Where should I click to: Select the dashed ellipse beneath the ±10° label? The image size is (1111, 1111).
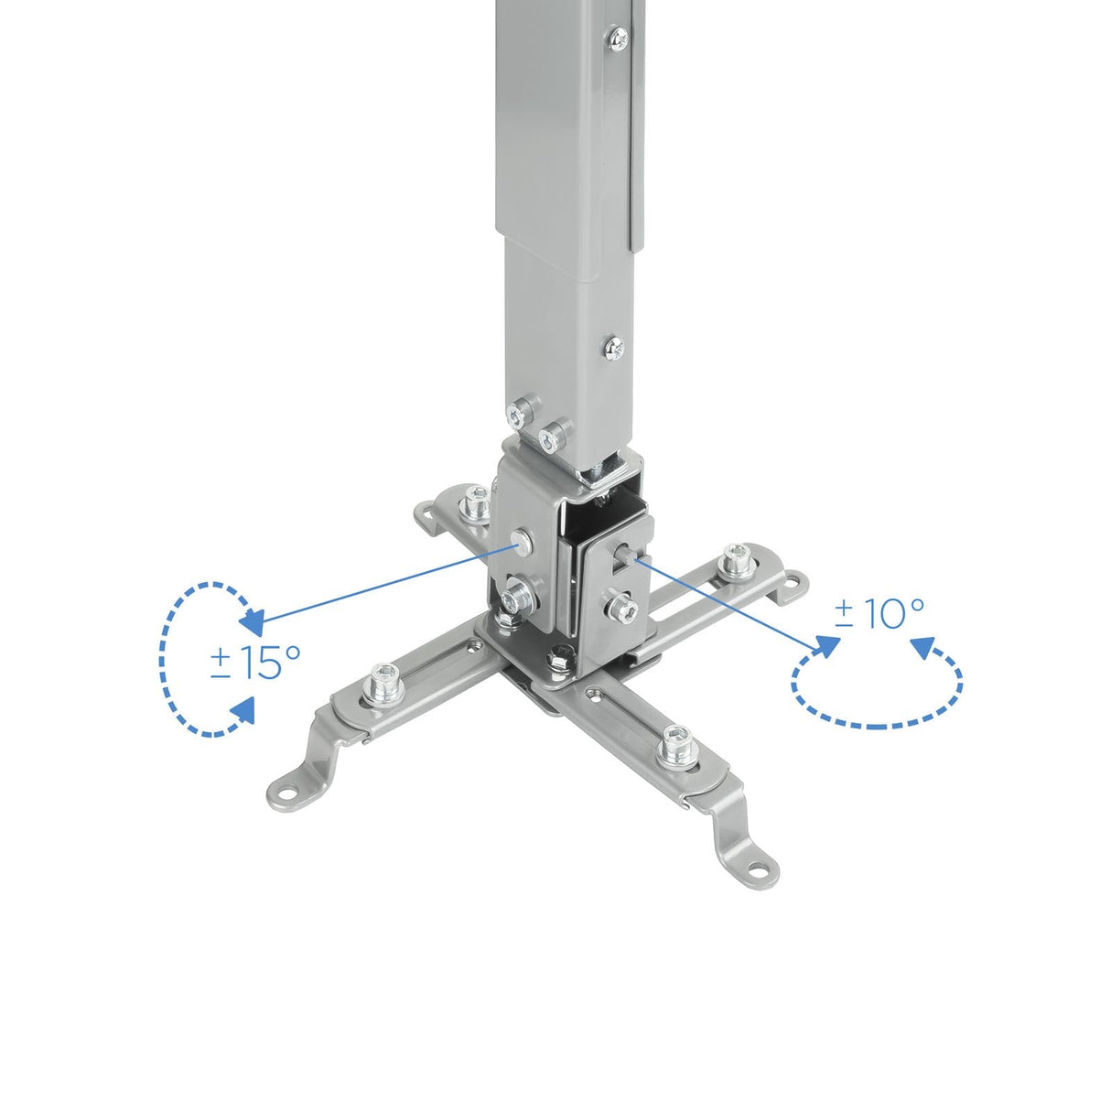click(x=877, y=700)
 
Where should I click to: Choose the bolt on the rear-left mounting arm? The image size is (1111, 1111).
click(x=475, y=501)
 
